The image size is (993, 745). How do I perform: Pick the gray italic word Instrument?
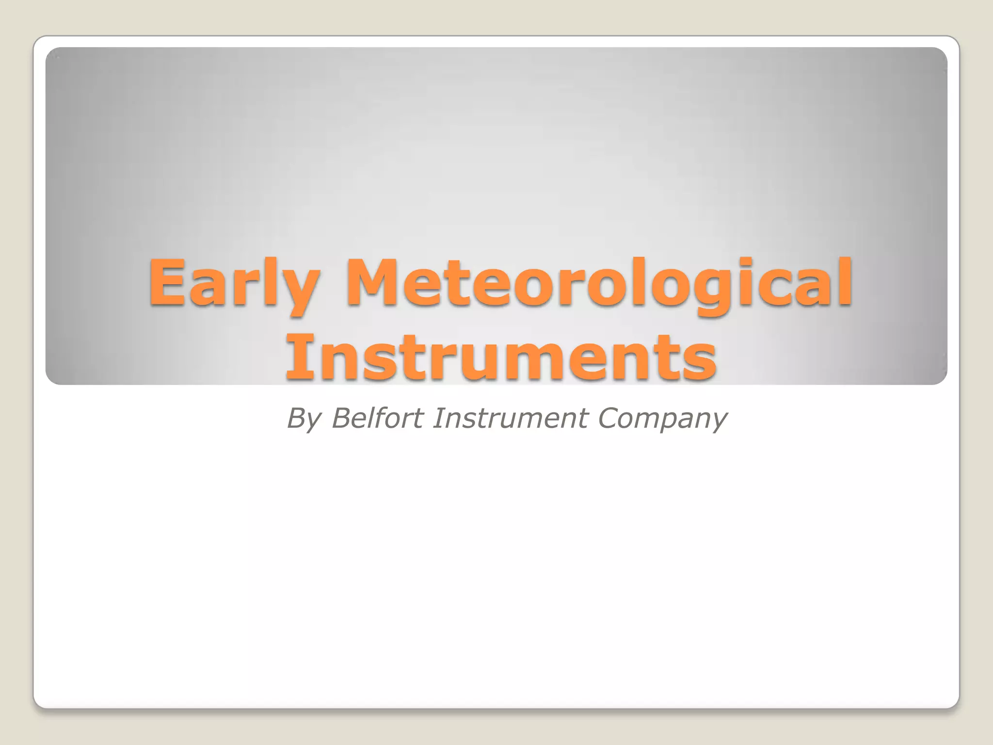pos(510,418)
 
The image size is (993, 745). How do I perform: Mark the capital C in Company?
pos(609,418)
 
